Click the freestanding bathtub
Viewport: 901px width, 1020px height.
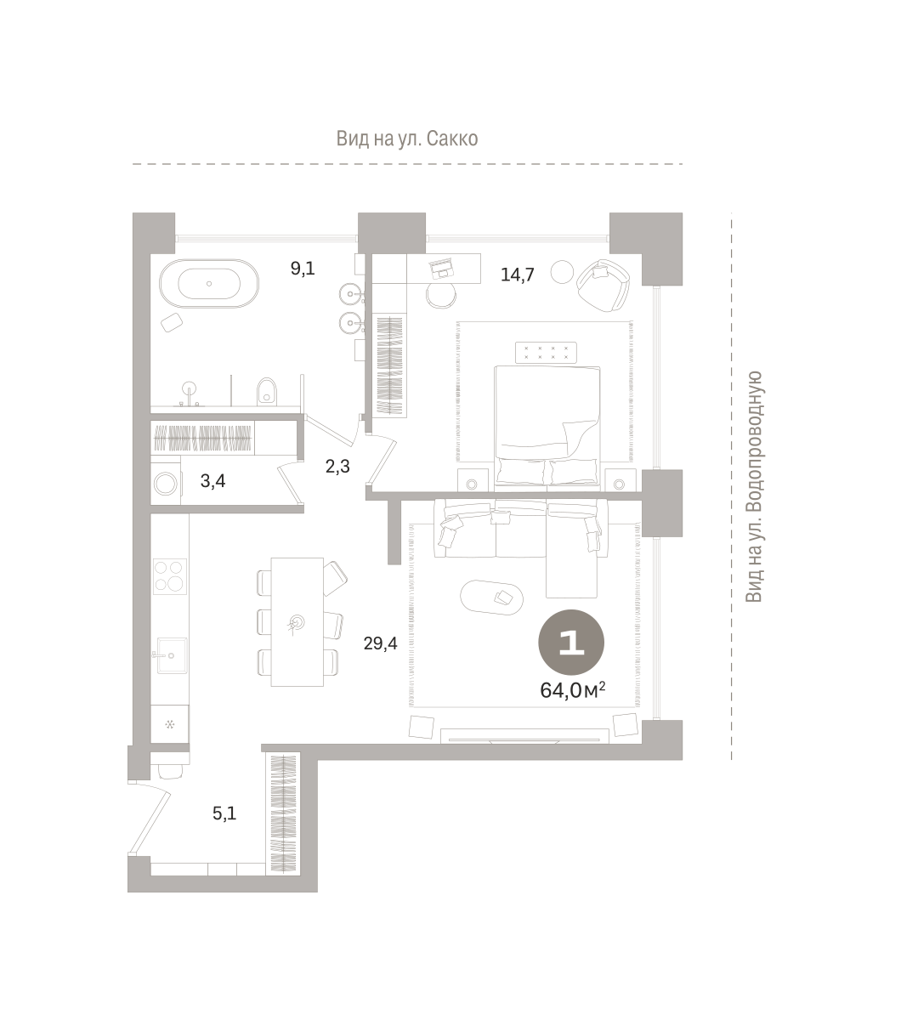(x=209, y=283)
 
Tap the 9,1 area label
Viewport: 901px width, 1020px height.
(x=303, y=269)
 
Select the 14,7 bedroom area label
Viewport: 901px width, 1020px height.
(x=518, y=275)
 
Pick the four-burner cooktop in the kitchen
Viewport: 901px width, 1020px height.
(x=170, y=576)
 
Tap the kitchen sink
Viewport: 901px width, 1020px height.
(x=171, y=655)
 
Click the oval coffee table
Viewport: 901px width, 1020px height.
(x=491, y=597)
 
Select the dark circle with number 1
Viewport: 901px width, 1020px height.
(x=571, y=643)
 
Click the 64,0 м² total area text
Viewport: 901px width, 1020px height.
(x=572, y=690)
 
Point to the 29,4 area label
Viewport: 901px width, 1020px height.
(x=380, y=643)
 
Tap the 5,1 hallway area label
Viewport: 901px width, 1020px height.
(x=224, y=813)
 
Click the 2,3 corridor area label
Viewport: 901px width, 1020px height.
(x=337, y=467)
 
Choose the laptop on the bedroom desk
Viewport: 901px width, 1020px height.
(x=442, y=269)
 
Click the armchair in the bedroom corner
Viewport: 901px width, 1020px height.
(x=603, y=286)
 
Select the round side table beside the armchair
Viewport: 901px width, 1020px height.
(x=562, y=272)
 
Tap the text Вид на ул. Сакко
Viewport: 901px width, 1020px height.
(x=407, y=139)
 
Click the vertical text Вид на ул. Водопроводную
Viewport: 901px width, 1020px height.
(x=754, y=487)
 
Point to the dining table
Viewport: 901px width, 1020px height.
(x=297, y=621)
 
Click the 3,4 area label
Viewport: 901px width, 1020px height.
(x=212, y=481)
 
